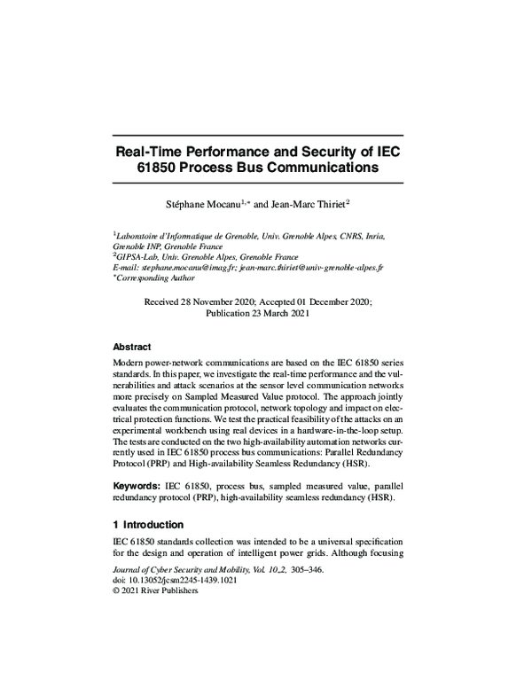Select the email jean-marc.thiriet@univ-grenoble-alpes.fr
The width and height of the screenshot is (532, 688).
[311, 267]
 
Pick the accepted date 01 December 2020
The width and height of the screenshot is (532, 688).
[332, 301]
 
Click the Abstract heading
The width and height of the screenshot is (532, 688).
[132, 347]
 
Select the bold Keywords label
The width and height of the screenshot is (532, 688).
[136, 487]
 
